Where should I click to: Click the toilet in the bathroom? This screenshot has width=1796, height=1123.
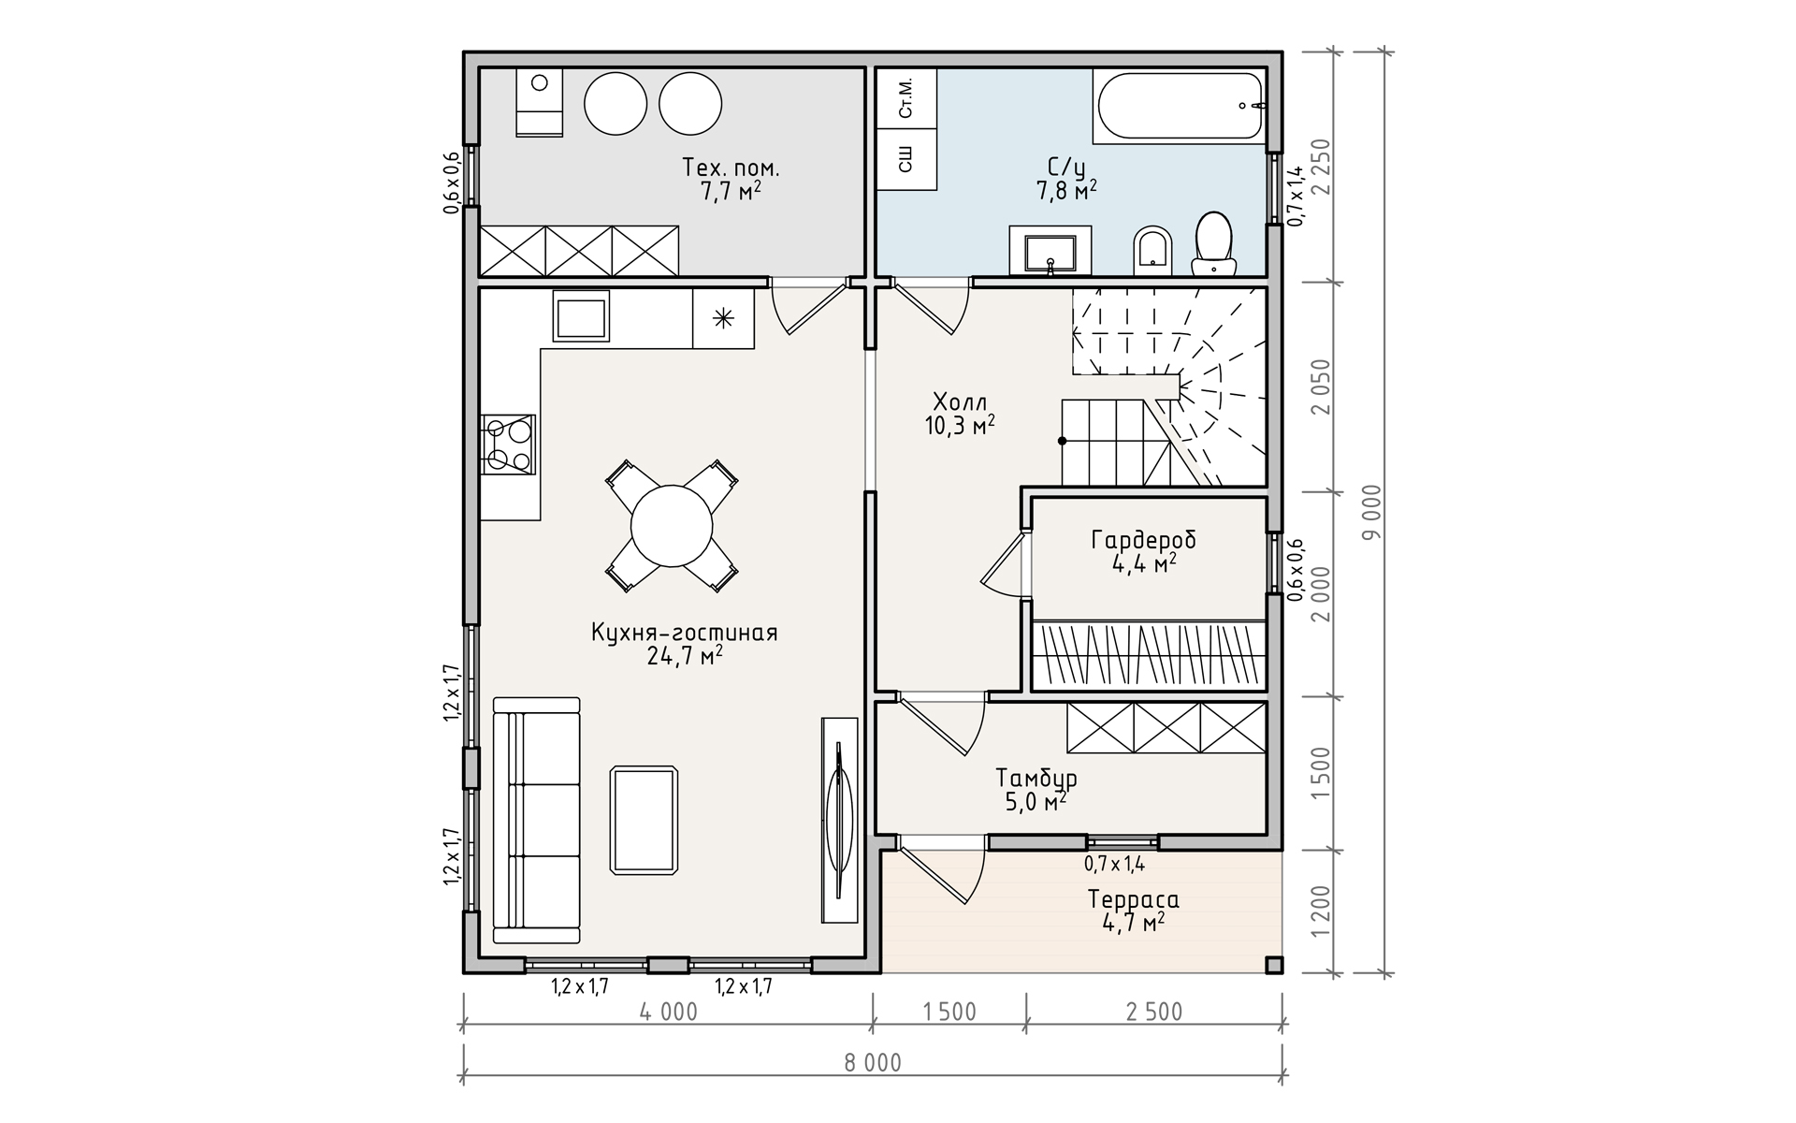(x=1213, y=242)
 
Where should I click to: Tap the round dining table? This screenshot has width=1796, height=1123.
(x=672, y=525)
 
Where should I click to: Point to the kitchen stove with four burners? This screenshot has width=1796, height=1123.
(x=508, y=444)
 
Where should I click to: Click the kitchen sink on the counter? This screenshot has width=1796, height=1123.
(x=581, y=315)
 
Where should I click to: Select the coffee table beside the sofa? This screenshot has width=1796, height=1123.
(x=644, y=820)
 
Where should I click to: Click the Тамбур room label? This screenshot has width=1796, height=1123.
(x=1036, y=778)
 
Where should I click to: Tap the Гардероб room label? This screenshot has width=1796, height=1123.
(x=1143, y=540)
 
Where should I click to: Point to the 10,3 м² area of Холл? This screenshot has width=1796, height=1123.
(x=960, y=427)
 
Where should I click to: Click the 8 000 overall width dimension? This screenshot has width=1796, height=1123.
(x=872, y=1062)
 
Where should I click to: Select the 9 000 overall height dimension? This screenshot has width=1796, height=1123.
(x=1372, y=512)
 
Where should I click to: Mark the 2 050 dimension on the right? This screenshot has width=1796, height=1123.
(x=1320, y=386)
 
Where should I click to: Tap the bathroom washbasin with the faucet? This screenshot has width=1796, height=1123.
(x=1050, y=250)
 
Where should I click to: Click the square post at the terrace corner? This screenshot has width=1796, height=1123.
(x=1274, y=965)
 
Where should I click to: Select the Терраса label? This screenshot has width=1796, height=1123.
(x=1133, y=899)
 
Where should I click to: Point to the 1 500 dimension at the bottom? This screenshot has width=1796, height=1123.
(x=949, y=1012)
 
